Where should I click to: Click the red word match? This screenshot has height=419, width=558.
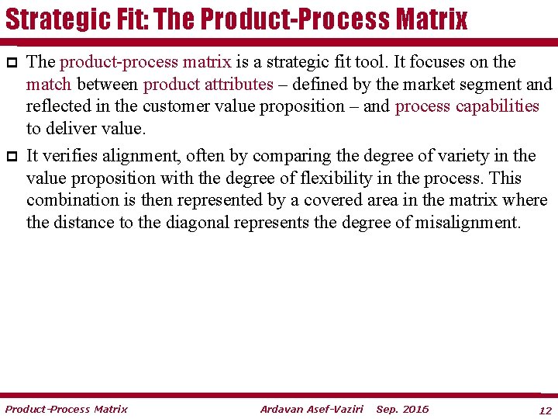click(x=48, y=84)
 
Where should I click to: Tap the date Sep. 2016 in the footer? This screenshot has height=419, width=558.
click(x=402, y=409)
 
